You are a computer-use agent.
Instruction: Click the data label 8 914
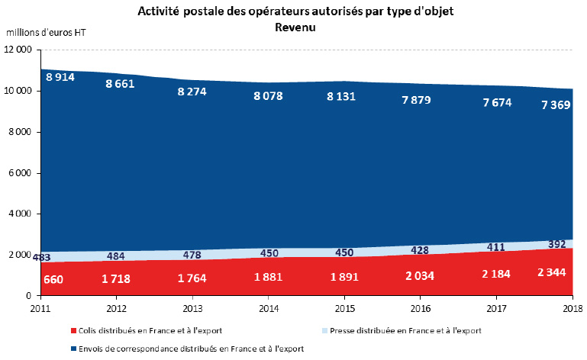coord(61,78)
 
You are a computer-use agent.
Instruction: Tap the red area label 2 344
coord(550,272)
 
